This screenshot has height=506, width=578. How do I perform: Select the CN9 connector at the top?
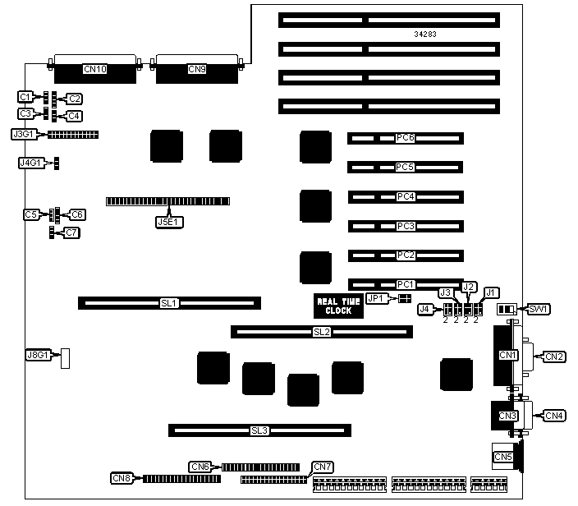coord(197,70)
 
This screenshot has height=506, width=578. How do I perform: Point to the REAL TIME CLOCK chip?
coord(334,306)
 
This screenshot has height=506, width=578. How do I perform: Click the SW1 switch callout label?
coord(539,309)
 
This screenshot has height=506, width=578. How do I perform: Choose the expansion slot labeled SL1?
coord(169,303)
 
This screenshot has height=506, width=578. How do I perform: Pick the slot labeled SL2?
coord(321,332)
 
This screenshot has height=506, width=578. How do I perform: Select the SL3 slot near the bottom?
coord(260,430)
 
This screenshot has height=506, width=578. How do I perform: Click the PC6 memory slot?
coord(405,138)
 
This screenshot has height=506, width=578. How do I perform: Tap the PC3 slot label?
coord(405,225)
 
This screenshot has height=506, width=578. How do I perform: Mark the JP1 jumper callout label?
coord(376,298)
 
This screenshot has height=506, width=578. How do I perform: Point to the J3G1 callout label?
coord(25,134)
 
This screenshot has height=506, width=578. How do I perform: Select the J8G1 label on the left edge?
coord(39,356)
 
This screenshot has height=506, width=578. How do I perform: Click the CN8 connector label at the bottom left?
coord(122,478)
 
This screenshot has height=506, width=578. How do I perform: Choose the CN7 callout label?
coord(322,467)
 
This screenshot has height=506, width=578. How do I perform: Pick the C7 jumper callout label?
coord(72,233)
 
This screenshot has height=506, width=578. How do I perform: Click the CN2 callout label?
coord(554,356)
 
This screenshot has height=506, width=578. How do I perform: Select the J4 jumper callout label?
coord(425,309)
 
